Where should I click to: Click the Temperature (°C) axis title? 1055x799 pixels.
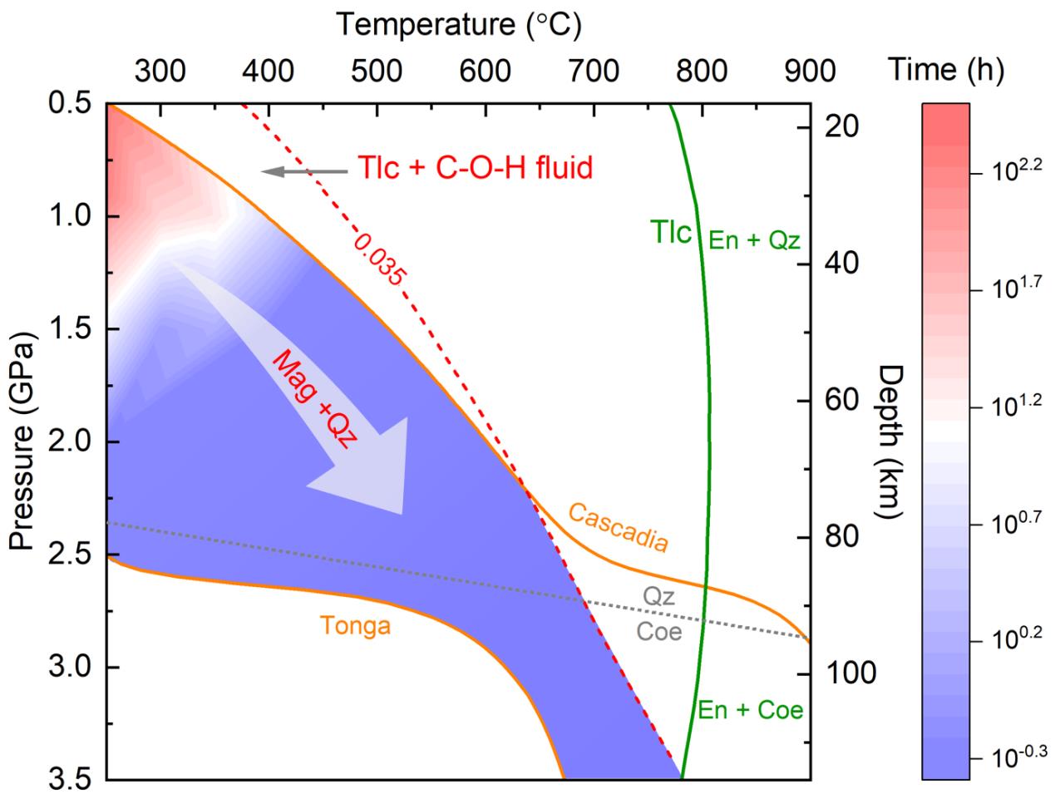tap(458, 25)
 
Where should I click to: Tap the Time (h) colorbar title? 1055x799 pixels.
tap(946, 71)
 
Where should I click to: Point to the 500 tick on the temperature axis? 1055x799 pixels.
tap(377, 72)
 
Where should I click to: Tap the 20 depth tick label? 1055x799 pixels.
tap(846, 126)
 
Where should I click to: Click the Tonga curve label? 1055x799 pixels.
tap(354, 624)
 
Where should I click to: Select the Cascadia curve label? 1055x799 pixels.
tap(619, 526)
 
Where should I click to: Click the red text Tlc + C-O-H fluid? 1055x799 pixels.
tap(475, 169)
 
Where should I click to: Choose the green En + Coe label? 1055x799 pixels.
tap(751, 710)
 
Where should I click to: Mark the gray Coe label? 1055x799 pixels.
tap(659, 632)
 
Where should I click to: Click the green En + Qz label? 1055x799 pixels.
tap(753, 240)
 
